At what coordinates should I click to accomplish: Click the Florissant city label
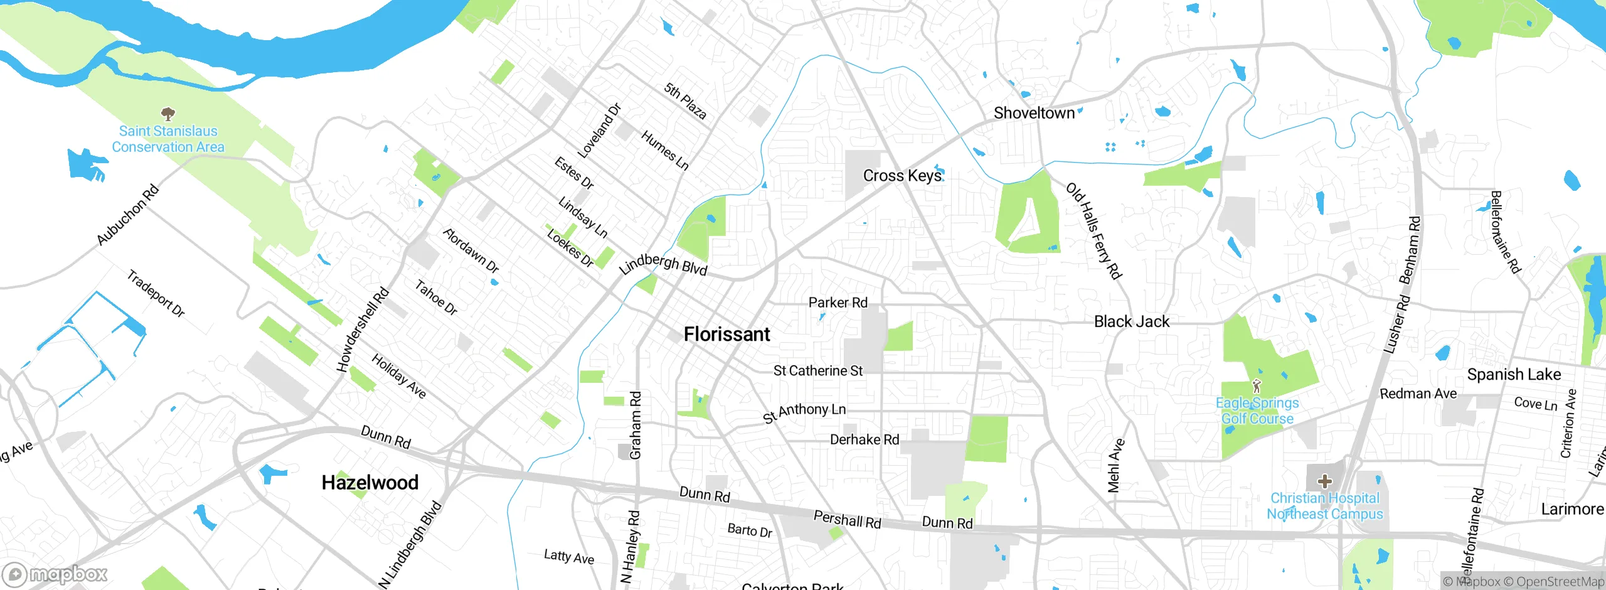[726, 334]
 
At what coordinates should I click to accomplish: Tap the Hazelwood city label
[370, 482]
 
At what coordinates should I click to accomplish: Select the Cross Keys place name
[902, 176]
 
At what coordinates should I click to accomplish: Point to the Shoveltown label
[1034, 113]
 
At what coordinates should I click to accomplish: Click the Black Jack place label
[1131, 321]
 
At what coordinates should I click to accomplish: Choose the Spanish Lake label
[1513, 375]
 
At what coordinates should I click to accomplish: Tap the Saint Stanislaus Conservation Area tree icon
[168, 114]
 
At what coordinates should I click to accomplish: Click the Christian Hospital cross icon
[1324, 481]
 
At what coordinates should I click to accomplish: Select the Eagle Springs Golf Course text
[1257, 411]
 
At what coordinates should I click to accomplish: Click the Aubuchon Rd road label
[127, 215]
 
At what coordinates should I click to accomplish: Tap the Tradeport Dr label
[156, 293]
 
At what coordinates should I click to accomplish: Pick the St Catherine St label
[817, 371]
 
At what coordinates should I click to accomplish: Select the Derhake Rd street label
[864, 439]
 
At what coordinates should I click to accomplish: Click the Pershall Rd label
[847, 519]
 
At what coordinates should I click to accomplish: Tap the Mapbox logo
[55, 574]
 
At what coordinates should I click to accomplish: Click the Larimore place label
[1571, 509]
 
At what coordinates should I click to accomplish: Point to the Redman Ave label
[1418, 394]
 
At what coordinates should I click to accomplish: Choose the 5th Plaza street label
[685, 101]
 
